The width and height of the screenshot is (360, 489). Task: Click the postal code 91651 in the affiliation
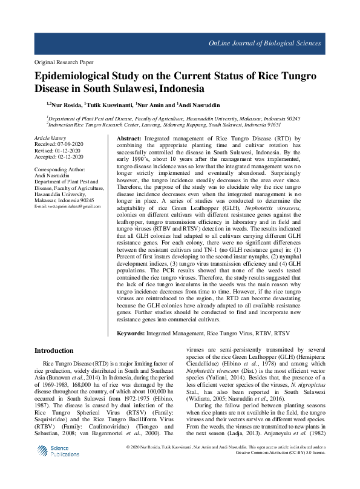pyautogui.click(x=274, y=124)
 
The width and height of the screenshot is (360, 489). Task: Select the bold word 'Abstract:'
pyautogui.click(x=128, y=139)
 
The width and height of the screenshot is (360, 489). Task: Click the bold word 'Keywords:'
pyautogui.click(x=130, y=333)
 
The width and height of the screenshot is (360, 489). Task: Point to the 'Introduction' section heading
pyautogui.click(x=54, y=350)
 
